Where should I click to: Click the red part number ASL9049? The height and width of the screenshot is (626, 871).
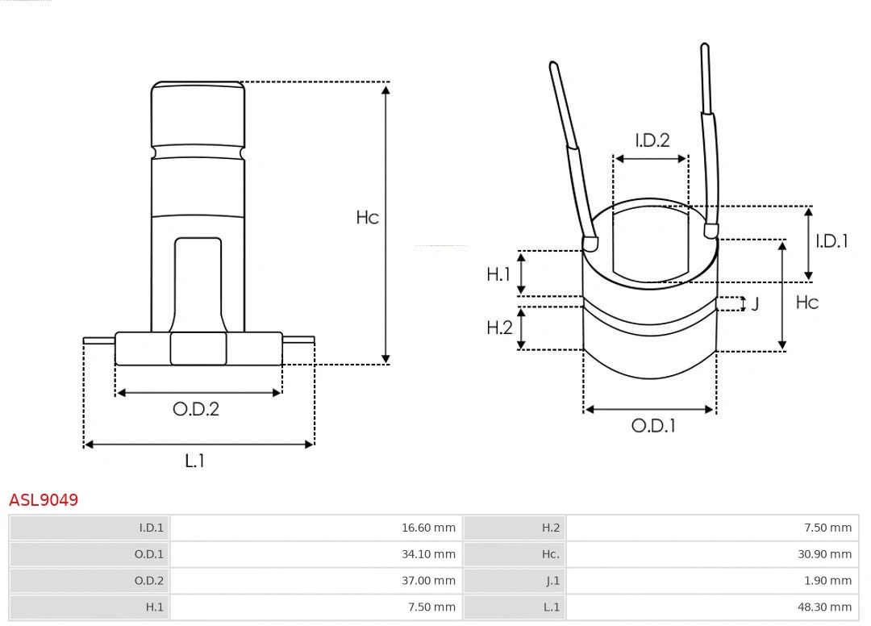click(44, 500)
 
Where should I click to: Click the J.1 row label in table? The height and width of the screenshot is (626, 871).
click(552, 581)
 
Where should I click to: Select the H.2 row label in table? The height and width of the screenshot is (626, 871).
click(551, 528)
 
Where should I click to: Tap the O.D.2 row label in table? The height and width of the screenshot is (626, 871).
click(148, 581)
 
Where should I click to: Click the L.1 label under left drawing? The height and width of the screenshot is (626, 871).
click(194, 461)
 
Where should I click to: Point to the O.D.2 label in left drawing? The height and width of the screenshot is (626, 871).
click(196, 409)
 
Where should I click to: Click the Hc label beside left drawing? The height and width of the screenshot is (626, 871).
click(367, 218)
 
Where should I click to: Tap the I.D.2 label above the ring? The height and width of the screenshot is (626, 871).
click(652, 140)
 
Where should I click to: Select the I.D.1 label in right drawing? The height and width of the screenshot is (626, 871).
click(831, 241)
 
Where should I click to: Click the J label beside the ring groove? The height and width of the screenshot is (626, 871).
click(755, 304)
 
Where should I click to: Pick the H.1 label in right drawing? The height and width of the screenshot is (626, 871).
click(498, 274)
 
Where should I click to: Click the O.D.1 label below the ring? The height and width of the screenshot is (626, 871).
click(653, 426)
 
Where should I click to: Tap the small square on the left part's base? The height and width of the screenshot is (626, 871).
click(198, 348)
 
